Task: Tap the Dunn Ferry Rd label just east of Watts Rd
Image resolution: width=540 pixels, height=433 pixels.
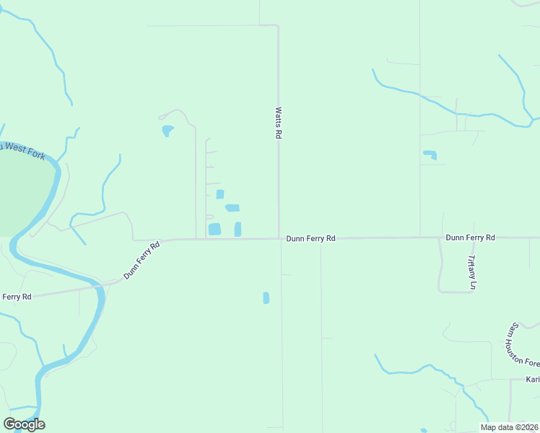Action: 310,238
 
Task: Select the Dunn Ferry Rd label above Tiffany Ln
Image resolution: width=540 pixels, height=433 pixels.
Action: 470,237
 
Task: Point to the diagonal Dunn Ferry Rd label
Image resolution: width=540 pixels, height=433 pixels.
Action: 141,260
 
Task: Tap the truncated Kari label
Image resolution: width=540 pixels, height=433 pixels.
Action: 533,380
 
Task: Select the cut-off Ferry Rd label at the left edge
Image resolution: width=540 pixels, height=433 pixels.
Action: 16,297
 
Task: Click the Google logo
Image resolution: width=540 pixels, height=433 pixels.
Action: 24,424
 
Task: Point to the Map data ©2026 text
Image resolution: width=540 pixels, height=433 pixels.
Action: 509,427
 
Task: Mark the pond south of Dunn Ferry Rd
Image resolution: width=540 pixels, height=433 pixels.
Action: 266,297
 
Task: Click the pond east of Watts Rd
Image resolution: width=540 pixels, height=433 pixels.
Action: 430,154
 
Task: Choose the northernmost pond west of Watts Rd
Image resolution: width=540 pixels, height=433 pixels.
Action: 167,131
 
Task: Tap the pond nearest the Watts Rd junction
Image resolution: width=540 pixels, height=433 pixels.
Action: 238,229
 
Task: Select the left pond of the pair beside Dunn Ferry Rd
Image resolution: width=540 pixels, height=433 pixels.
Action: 214,229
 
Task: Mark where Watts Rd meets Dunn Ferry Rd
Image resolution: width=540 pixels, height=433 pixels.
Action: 279,238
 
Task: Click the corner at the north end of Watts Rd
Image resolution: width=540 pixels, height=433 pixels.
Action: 278,27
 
